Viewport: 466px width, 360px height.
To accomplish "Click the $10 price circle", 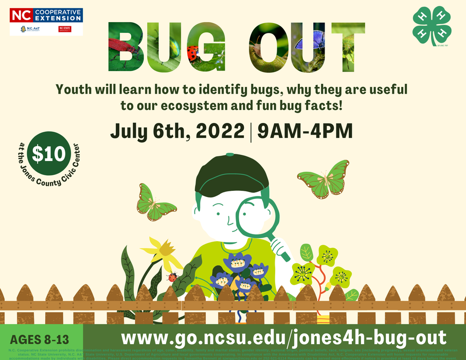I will point(49,154).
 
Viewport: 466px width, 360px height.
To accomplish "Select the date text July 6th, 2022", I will point(177,131).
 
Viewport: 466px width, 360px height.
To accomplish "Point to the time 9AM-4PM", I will point(305,131).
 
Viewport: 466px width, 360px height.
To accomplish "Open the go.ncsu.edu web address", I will point(283,338).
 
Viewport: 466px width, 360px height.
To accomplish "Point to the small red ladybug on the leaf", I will point(173,277).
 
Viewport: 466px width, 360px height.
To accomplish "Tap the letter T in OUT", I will point(345,47).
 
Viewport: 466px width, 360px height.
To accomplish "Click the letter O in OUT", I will point(262,47).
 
